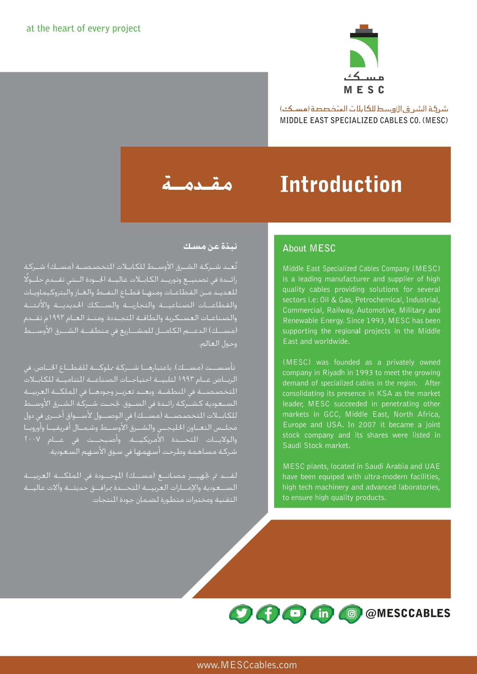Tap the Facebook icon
[x=268, y=613]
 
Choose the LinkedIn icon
[x=323, y=613]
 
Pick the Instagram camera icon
[x=351, y=613]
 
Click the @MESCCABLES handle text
[x=407, y=613]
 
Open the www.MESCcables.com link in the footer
[x=247, y=665]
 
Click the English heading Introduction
[x=341, y=184]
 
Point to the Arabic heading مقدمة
[x=197, y=184]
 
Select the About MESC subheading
[x=309, y=248]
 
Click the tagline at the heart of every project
[x=83, y=28]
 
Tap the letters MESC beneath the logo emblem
[x=364, y=90]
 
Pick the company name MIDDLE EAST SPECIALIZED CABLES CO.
[x=350, y=120]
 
